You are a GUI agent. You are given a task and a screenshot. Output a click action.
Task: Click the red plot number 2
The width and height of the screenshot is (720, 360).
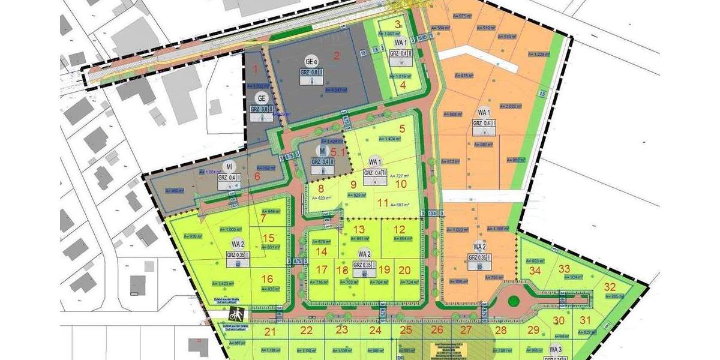[x=337, y=56]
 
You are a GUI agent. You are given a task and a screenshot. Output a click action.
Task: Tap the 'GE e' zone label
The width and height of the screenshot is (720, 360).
[x=311, y=61]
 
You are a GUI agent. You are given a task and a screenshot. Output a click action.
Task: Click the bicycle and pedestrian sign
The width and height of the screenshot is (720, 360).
[x=236, y=313]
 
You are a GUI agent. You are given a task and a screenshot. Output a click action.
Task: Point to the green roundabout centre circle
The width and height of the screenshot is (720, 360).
[x=513, y=300]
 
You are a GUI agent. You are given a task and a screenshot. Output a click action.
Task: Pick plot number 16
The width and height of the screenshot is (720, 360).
[x=268, y=278]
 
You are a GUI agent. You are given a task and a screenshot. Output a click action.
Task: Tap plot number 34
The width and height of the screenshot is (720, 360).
[x=536, y=270]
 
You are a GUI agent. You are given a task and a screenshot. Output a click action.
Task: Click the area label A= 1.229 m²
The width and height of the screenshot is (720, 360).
[x=538, y=54]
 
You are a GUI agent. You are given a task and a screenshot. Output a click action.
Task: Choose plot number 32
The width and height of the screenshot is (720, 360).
[x=610, y=286]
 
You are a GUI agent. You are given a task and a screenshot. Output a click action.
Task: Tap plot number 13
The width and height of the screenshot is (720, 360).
[x=359, y=229]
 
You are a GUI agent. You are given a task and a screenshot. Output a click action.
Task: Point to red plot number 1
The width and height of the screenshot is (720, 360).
[x=255, y=69]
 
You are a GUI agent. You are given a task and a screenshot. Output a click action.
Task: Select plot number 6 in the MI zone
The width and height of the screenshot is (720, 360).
[x=257, y=176]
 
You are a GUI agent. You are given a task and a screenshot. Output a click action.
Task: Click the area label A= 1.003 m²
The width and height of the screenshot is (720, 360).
[x=230, y=229]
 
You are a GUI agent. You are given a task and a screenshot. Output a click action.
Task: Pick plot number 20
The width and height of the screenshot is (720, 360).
[x=404, y=270]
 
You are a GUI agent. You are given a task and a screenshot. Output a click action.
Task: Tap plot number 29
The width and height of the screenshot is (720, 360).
[x=533, y=330]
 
